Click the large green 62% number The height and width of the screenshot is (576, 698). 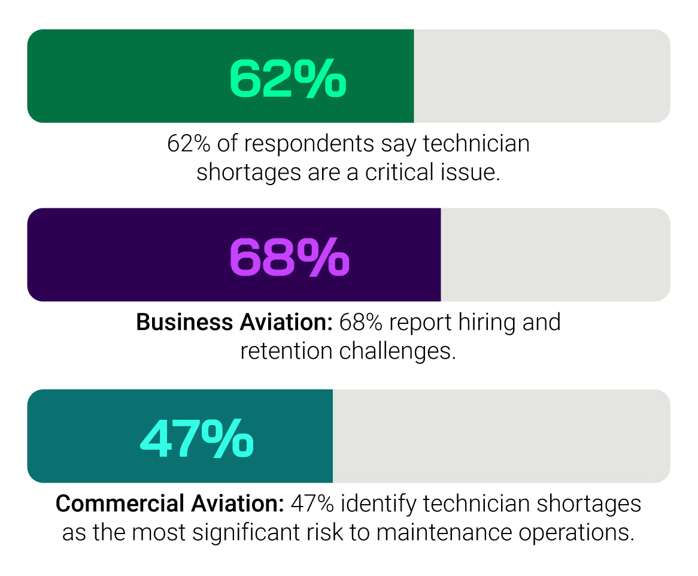coord(288,78)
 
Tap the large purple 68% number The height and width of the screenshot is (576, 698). coord(290,257)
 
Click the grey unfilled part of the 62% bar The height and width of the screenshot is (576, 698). coord(542,76)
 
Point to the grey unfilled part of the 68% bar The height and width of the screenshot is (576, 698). coord(555,255)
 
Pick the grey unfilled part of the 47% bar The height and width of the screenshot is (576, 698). coord(501,436)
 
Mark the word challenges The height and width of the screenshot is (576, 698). coord(397,351)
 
